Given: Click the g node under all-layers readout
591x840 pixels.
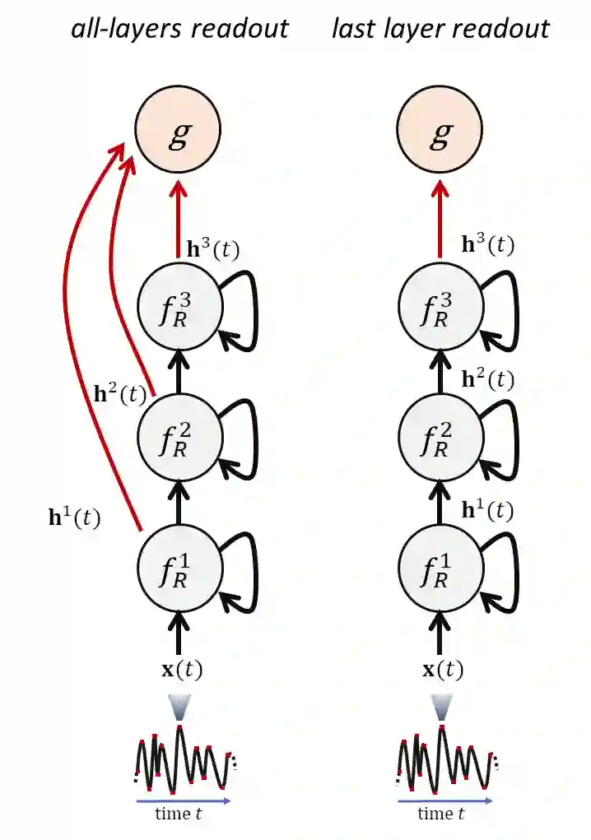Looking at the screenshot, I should (179, 133).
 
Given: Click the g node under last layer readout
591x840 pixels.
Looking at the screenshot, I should (440, 133).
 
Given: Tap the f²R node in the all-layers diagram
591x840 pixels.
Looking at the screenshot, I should (179, 436).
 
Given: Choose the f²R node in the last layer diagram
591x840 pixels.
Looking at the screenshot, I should (440, 436).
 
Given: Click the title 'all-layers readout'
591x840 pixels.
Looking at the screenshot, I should (179, 30).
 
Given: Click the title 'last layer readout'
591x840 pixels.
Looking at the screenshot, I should (440, 30).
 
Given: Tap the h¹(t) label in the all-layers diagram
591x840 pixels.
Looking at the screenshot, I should (74, 518).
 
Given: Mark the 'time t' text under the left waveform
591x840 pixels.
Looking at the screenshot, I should (179, 814).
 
